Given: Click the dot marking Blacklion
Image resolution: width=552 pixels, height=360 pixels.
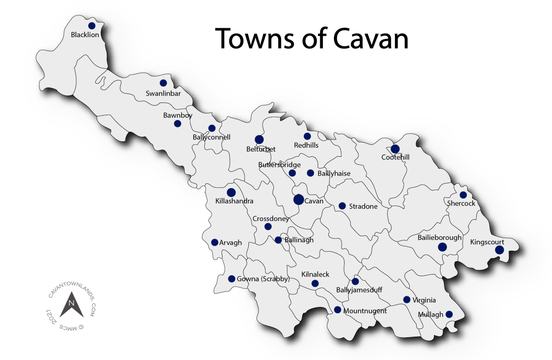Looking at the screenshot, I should [x=92, y=26].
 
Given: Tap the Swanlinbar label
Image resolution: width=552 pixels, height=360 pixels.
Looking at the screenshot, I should [x=163, y=93].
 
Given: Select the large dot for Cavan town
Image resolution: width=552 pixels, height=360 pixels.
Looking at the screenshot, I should [x=299, y=199].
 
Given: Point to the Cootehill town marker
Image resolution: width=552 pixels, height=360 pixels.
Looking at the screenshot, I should [x=395, y=149].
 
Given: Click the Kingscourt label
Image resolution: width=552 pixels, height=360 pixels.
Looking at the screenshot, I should [x=487, y=242].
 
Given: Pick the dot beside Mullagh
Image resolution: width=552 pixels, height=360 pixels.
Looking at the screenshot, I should [x=449, y=314].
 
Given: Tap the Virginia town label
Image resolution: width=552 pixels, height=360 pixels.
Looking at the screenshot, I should [x=424, y=300].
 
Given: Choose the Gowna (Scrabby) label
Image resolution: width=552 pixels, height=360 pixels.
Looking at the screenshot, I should [x=263, y=279].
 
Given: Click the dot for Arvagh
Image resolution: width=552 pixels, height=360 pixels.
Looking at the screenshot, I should [x=215, y=243].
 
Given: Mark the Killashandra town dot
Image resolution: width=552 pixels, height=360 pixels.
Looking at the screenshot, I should [x=231, y=193].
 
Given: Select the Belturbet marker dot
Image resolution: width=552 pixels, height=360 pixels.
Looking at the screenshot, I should [x=259, y=139].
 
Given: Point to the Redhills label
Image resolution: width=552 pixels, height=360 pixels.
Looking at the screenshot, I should [x=306, y=145].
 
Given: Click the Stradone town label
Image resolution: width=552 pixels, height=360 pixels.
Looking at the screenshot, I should [x=363, y=206].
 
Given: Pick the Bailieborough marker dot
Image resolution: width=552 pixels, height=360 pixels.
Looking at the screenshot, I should [x=442, y=247].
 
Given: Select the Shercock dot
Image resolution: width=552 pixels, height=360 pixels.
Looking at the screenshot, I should [x=463, y=195].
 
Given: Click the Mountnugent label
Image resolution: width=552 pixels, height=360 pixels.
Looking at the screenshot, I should [x=365, y=311].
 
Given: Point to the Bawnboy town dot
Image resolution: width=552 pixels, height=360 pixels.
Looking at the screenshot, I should [x=178, y=124].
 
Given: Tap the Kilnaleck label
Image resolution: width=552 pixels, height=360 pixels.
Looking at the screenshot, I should [x=315, y=274].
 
